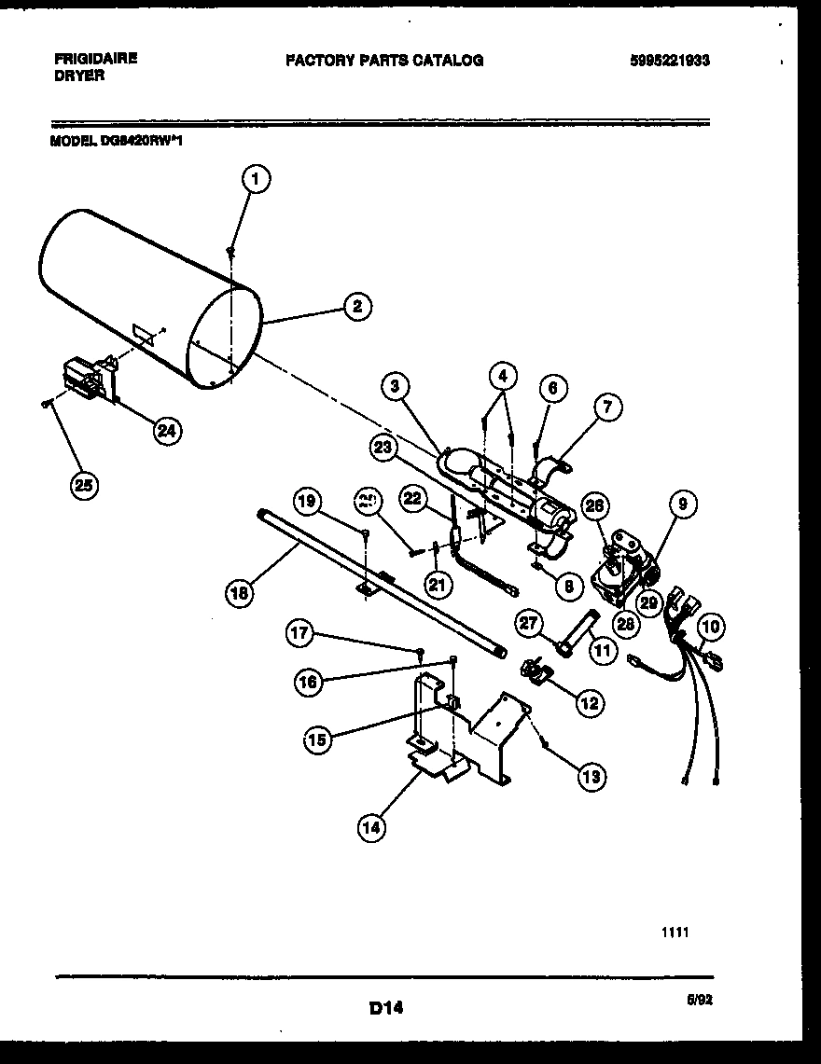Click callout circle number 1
tap(257, 179)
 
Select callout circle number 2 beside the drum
tap(357, 307)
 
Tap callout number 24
tap(168, 430)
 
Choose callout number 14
tap(372, 826)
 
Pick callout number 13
tap(590, 776)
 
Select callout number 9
tap(683, 504)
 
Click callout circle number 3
tap(396, 384)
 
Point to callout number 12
tap(589, 702)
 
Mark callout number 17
tap(299, 634)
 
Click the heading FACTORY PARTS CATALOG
tap(383, 60)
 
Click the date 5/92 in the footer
tap(699, 997)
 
